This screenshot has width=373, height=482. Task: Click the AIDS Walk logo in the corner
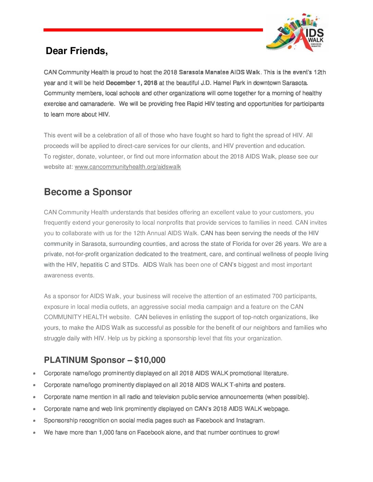click(297, 33)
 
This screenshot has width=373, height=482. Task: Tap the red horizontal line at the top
click(153, 30)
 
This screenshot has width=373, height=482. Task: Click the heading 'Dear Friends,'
click(77, 51)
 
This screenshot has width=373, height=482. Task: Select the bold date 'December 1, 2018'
click(132, 83)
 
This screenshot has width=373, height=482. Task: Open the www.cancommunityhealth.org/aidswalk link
click(128, 167)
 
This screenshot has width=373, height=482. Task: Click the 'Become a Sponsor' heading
click(88, 192)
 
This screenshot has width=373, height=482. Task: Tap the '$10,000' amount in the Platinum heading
click(150, 360)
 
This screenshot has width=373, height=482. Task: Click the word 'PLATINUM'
click(66, 360)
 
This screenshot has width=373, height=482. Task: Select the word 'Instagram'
click(250, 420)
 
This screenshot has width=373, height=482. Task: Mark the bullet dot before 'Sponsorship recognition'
click(34, 421)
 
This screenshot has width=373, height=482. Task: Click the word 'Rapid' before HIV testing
click(195, 104)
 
